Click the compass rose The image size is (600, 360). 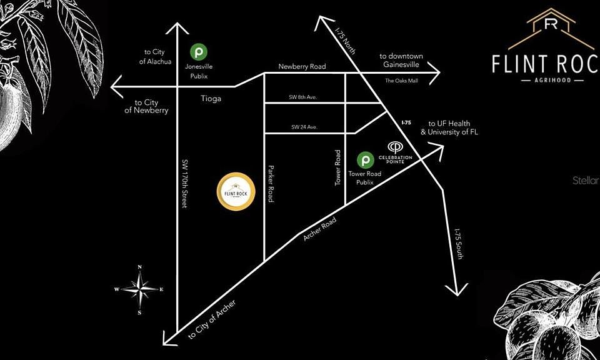(x=139, y=289)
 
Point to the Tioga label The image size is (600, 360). (x=212, y=99)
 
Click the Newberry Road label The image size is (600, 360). (x=302, y=67)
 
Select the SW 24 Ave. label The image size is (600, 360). (x=304, y=127)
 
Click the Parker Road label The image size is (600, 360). (x=271, y=183)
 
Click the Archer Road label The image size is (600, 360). (x=320, y=230)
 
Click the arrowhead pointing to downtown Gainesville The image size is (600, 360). (x=435, y=71)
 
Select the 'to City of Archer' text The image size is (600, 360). (x=214, y=319)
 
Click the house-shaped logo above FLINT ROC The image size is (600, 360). (x=551, y=27)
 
